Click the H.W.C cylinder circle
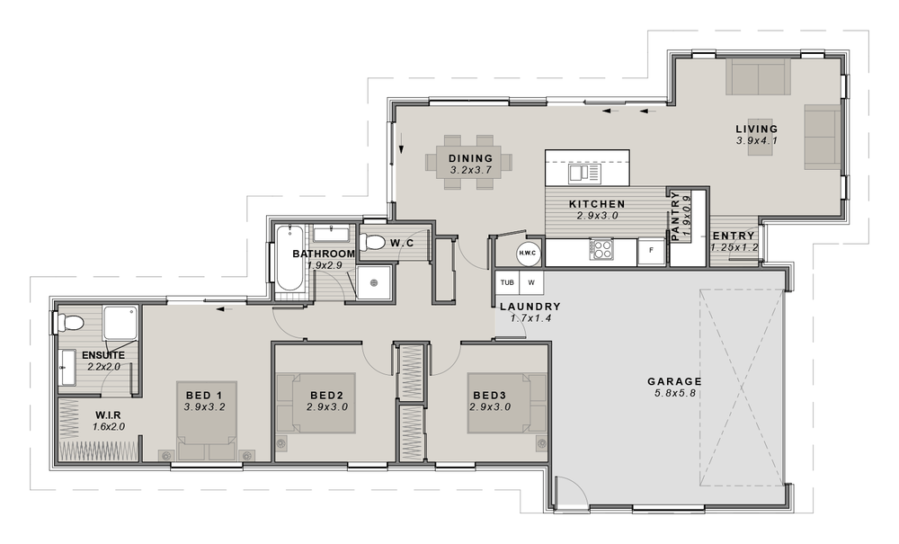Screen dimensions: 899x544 tap(528, 253)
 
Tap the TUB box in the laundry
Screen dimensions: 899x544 tap(507, 282)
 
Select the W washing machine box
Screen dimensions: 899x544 tap(531, 282)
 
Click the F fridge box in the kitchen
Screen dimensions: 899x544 tap(651, 252)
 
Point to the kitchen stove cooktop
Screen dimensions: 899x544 tap(601, 249)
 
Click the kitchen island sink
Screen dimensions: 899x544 tap(583, 174)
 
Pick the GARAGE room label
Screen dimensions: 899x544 tap(674, 381)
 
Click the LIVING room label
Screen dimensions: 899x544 tap(757, 129)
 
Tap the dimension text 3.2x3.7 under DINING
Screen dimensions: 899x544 tap(471, 170)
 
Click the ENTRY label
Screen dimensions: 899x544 tap(734, 236)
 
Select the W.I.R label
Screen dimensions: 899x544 tap(109, 415)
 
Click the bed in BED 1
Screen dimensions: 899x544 tap(207, 421)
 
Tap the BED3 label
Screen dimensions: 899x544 tap(490, 395)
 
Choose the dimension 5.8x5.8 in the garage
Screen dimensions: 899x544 tap(674, 393)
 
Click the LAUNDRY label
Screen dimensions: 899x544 tap(530, 307)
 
